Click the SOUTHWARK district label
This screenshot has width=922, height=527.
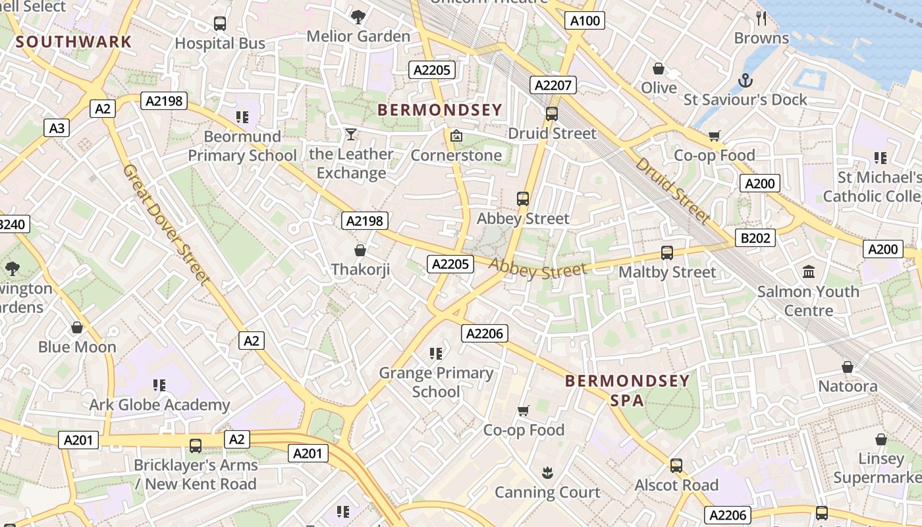coord(74,42)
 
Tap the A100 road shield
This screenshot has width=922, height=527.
coord(585,20)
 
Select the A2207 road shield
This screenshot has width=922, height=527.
coord(553,85)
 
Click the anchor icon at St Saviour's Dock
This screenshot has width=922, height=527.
coord(746,80)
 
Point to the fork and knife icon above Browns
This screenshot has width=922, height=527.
coord(762,18)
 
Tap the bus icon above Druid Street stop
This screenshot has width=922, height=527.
coord(552,113)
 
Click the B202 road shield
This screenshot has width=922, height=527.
coord(755,238)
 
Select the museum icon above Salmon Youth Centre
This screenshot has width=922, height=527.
coord(809,271)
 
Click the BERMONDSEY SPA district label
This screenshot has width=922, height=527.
coord(627,390)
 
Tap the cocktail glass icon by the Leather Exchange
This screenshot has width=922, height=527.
coord(351,134)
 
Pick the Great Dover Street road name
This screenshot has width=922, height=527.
coord(166,225)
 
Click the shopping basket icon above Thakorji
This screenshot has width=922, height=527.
coord(360,250)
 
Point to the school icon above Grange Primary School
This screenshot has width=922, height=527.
coord(435,354)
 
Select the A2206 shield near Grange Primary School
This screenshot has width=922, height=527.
coord(484,333)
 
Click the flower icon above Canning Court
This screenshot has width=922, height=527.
coord(547,472)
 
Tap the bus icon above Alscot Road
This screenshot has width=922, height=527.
coord(676,465)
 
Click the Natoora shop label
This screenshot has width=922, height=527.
coord(848,386)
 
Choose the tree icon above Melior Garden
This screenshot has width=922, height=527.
coord(358,16)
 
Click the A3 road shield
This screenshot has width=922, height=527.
coord(57,127)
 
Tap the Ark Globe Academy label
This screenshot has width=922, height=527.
coord(159,404)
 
